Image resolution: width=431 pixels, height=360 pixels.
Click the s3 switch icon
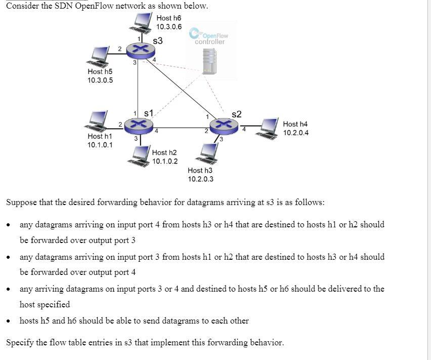pyautogui.click(x=139, y=49)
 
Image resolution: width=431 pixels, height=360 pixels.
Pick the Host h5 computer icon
pyautogui.click(x=99, y=56)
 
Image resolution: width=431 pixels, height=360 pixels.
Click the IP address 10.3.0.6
pyautogui.click(x=169, y=27)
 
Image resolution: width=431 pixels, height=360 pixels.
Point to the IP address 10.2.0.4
pyautogui.click(x=296, y=133)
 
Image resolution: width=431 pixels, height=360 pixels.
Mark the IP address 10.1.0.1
pyautogui.click(x=100, y=145)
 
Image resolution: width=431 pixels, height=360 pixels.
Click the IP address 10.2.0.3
pyautogui.click(x=200, y=179)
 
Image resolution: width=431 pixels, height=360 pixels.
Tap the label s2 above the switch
pyautogui.click(x=237, y=114)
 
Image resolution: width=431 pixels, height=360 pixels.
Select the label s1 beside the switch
pyautogui.click(x=149, y=112)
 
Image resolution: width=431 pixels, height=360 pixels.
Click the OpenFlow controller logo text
pyautogui.click(x=210, y=38)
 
